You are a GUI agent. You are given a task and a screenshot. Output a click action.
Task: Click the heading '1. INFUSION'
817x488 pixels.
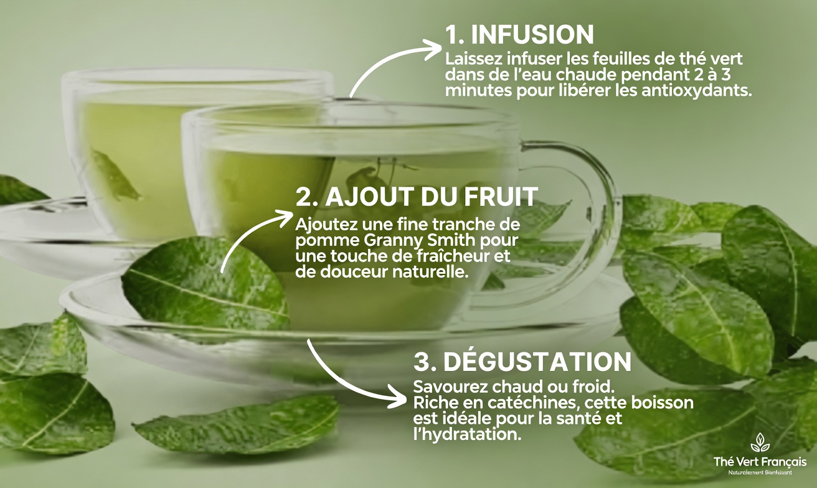point(519,35)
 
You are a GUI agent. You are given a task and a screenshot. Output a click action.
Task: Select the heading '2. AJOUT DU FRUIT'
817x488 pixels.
point(417,197)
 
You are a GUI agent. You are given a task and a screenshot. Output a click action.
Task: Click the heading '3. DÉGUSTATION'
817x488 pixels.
point(522,362)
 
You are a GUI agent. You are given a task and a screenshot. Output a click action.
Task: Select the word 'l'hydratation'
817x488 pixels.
point(466,435)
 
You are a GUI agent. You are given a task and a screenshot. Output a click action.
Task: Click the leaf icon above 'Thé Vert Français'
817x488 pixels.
point(759,443)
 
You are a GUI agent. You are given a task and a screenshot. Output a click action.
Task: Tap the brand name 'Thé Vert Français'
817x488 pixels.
point(760,462)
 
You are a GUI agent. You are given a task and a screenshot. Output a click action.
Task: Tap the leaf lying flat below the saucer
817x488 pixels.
point(237,426)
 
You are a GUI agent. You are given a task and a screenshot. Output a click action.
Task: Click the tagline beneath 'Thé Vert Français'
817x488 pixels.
point(760,472)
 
